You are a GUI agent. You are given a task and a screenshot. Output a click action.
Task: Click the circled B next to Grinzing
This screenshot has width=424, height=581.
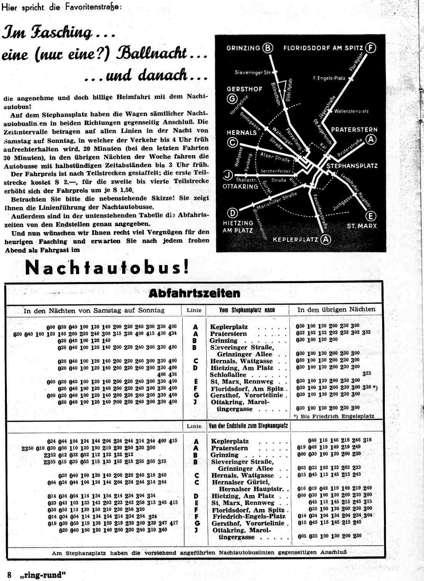click(268, 48)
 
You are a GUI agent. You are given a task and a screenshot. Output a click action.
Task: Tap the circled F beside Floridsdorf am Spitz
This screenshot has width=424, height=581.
click(370, 48)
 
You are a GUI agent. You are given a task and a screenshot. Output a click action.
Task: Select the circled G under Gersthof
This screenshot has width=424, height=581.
click(232, 99)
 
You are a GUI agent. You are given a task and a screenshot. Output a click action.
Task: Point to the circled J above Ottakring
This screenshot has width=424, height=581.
click(228, 175)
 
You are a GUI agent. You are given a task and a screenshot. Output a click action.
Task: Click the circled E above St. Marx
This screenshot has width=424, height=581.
click(370, 216)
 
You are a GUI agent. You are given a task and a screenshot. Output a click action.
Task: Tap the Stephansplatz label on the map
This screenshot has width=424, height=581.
click(352, 166)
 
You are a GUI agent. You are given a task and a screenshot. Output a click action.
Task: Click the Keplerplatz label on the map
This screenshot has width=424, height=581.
click(295, 240)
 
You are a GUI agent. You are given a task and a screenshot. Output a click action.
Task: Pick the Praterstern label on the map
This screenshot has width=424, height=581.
click(354, 130)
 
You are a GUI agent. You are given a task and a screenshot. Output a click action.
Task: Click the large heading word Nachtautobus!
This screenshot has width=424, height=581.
click(107, 268)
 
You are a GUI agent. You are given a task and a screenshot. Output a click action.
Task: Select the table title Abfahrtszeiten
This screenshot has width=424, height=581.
click(194, 293)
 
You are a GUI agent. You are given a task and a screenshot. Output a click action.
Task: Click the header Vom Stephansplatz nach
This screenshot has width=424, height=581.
click(247, 310)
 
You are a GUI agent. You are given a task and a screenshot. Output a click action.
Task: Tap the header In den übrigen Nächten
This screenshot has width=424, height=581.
click(336, 310)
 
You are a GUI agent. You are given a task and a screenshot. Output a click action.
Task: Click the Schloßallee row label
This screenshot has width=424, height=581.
click(228, 375)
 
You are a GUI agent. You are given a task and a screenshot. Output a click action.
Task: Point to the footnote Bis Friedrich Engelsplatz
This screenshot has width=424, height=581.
click(336, 416)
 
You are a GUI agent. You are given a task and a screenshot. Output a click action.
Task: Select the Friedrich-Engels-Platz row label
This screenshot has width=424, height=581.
click(249, 516)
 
